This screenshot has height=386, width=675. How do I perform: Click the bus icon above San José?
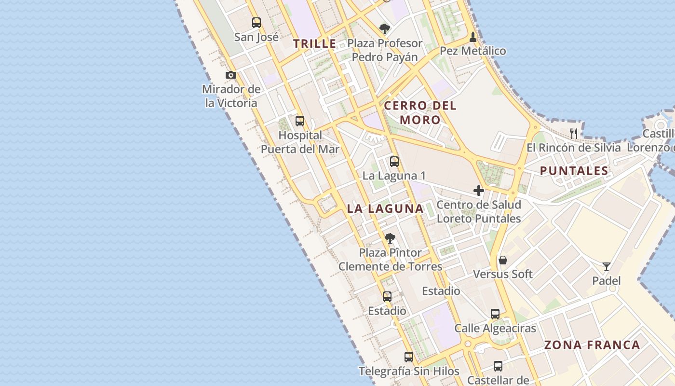[x=256, y=23]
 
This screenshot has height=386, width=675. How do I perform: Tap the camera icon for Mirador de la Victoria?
[x=231, y=75]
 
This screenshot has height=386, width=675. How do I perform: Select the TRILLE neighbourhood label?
[x=315, y=43]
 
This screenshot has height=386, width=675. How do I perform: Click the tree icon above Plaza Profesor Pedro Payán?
[x=384, y=29]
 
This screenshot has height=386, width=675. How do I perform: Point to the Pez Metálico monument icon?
[x=473, y=37]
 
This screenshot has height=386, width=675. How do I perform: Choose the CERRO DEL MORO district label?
[x=420, y=112]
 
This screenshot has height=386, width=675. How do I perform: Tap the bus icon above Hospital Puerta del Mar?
[x=300, y=121]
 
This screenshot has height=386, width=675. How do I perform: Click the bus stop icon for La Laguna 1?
[x=394, y=162]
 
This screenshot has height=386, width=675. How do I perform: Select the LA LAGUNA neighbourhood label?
[x=385, y=209]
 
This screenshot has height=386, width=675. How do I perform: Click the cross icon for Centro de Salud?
[x=479, y=191]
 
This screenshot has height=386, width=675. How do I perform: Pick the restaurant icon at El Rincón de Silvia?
[x=574, y=133]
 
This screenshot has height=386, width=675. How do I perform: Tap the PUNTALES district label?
[x=574, y=170]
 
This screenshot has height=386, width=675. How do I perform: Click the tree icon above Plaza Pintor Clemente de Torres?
[x=390, y=238]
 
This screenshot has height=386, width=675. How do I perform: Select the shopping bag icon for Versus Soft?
[x=503, y=260]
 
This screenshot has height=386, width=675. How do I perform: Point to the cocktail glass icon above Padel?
[x=607, y=267]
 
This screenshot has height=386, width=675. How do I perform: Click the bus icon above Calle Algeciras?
[x=495, y=314]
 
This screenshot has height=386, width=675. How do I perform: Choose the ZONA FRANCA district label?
[x=592, y=345]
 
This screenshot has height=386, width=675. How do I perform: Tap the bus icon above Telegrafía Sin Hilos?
[x=409, y=357]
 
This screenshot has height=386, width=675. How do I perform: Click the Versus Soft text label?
[x=503, y=274]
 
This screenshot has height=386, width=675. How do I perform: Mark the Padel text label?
[x=607, y=281]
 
